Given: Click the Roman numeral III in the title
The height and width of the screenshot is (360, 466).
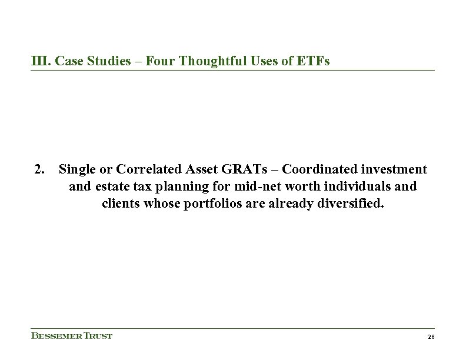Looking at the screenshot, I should click(x=39, y=61).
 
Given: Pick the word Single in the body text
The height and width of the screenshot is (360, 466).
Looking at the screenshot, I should click(x=77, y=170).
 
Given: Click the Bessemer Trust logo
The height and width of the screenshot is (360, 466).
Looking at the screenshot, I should click(x=71, y=336).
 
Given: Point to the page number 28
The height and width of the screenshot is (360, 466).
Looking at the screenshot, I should click(x=430, y=336).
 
